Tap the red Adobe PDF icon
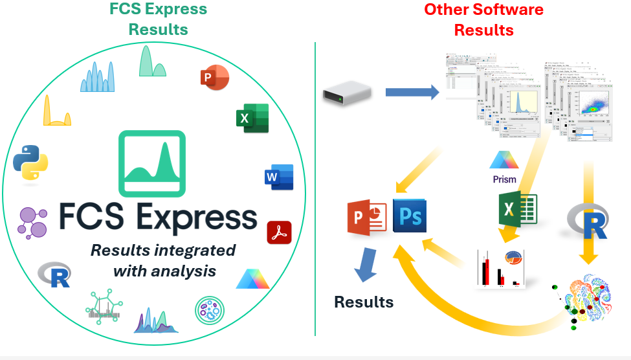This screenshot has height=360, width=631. click(x=279, y=232)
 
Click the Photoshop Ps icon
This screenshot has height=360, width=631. click(x=409, y=215)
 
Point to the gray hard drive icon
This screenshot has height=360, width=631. click(x=347, y=93)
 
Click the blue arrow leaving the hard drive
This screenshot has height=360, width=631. click(x=412, y=93)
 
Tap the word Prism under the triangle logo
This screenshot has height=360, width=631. click(x=504, y=179)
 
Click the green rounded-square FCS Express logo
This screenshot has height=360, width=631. click(x=151, y=163)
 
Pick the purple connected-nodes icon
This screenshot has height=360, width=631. click(x=32, y=223)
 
